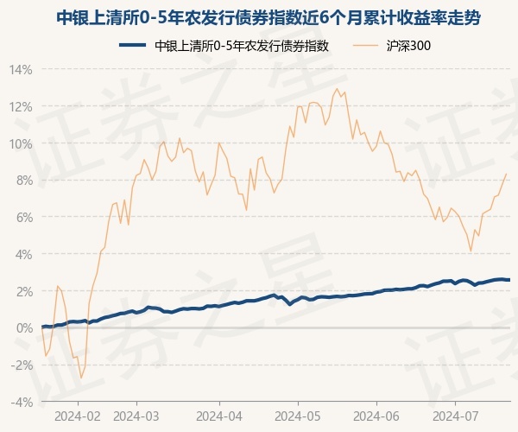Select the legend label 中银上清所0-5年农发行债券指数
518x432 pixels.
[243, 46]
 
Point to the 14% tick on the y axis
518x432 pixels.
[21, 69]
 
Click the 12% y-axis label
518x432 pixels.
[21, 106]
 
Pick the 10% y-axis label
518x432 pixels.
[21, 143]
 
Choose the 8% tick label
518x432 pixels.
[23, 180]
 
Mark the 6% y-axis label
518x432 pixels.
[23, 217]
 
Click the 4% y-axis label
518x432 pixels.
[23, 254]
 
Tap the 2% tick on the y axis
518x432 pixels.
[23, 291]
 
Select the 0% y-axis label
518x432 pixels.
[23, 328]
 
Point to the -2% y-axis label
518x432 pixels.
[22, 365]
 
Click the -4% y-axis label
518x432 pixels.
[22, 402]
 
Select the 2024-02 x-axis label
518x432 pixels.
[78, 416]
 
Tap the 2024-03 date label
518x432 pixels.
[137, 416]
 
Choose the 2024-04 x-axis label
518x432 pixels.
[219, 416]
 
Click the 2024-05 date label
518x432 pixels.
[298, 416]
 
